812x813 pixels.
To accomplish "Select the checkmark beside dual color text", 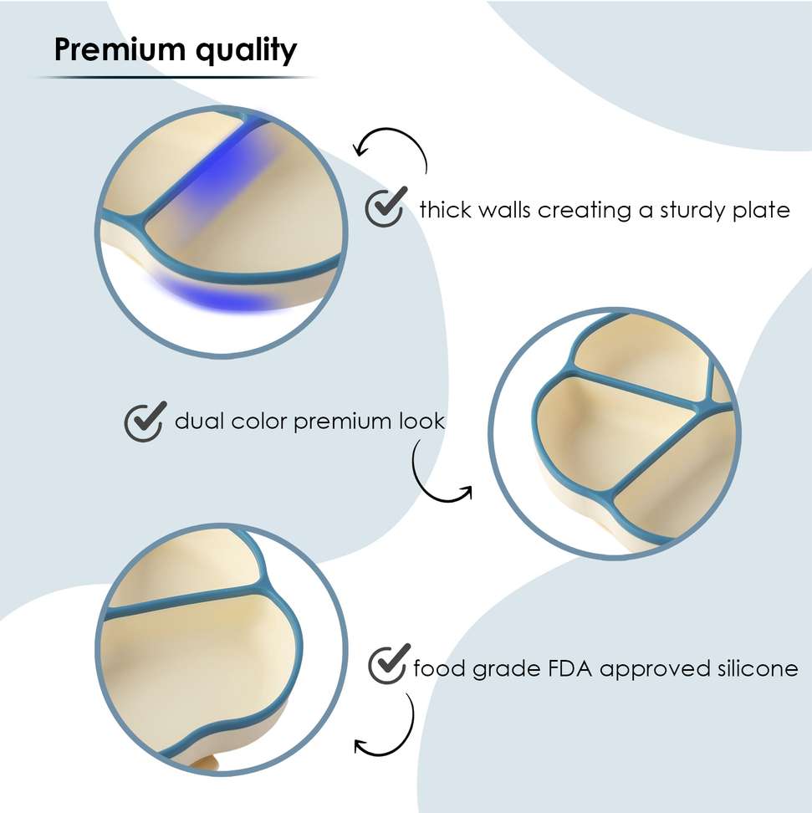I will (144, 421).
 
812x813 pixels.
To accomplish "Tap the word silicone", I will (758, 669).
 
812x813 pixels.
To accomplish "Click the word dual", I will (200, 421).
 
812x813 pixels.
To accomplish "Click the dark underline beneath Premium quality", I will (176, 78).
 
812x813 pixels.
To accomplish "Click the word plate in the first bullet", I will (759, 210).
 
